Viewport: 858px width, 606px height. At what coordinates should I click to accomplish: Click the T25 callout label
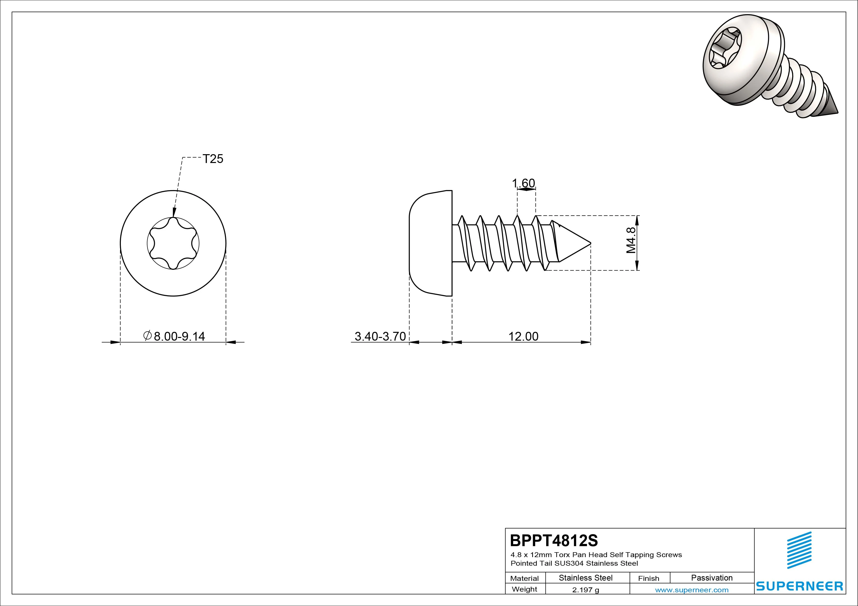pyautogui.click(x=213, y=159)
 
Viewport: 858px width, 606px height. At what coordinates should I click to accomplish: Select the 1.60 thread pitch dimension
pyautogui.click(x=523, y=183)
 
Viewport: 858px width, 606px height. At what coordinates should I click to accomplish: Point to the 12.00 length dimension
pyautogui.click(x=523, y=336)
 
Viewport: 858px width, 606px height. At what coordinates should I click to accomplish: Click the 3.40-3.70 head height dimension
pyautogui.click(x=380, y=336)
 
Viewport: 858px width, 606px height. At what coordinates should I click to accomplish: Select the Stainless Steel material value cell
pyautogui.click(x=586, y=578)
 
